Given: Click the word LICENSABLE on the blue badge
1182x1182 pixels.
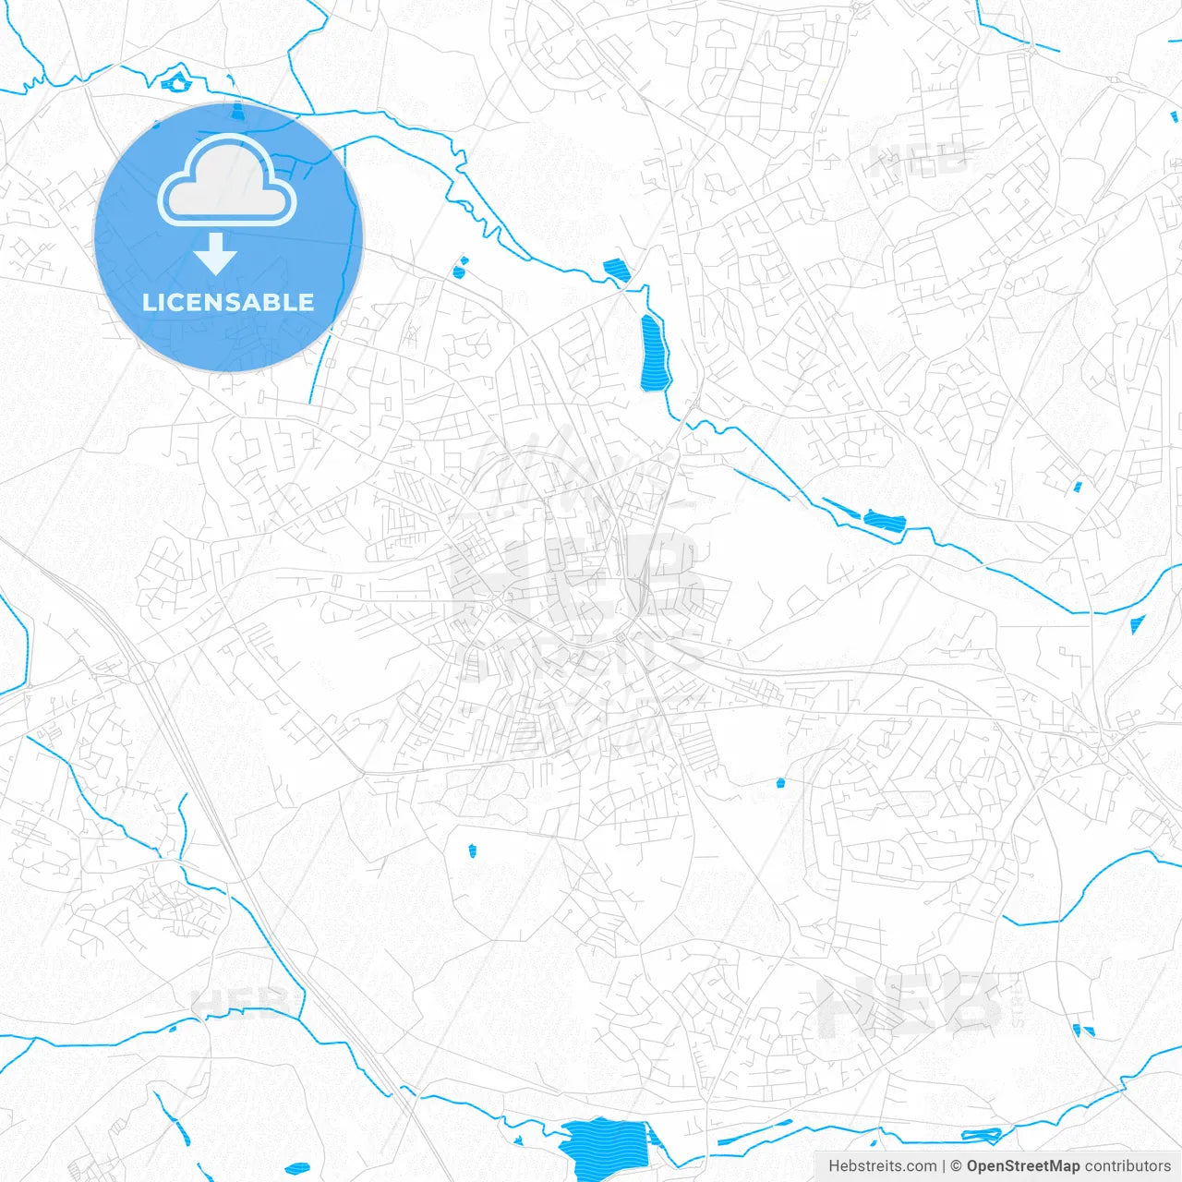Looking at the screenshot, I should [x=228, y=302].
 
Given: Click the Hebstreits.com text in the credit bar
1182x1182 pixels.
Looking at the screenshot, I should [x=882, y=1166].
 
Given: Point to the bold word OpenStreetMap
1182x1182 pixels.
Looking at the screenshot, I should [x=1023, y=1166].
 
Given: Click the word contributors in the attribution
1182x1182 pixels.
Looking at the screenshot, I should [x=1128, y=1166].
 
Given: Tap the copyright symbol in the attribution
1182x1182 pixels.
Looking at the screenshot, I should [x=957, y=1166].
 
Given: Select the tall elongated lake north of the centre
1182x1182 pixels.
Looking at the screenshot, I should [x=654, y=353].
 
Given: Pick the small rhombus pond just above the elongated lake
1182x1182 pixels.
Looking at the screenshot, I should [x=616, y=271].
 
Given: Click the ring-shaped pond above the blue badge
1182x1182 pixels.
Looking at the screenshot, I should [x=175, y=82].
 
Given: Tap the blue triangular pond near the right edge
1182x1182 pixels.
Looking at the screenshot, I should [x=1137, y=624].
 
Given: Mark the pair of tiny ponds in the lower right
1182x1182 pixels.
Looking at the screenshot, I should [x=1082, y=1030].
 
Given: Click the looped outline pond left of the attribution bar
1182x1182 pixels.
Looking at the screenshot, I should [x=981, y=1134].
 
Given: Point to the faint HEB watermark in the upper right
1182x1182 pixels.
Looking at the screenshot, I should [x=919, y=162].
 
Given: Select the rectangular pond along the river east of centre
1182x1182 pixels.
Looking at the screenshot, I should [x=884, y=519].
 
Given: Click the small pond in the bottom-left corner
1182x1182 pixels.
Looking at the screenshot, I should [x=297, y=1168].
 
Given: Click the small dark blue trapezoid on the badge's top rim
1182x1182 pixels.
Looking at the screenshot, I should [x=238, y=113].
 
